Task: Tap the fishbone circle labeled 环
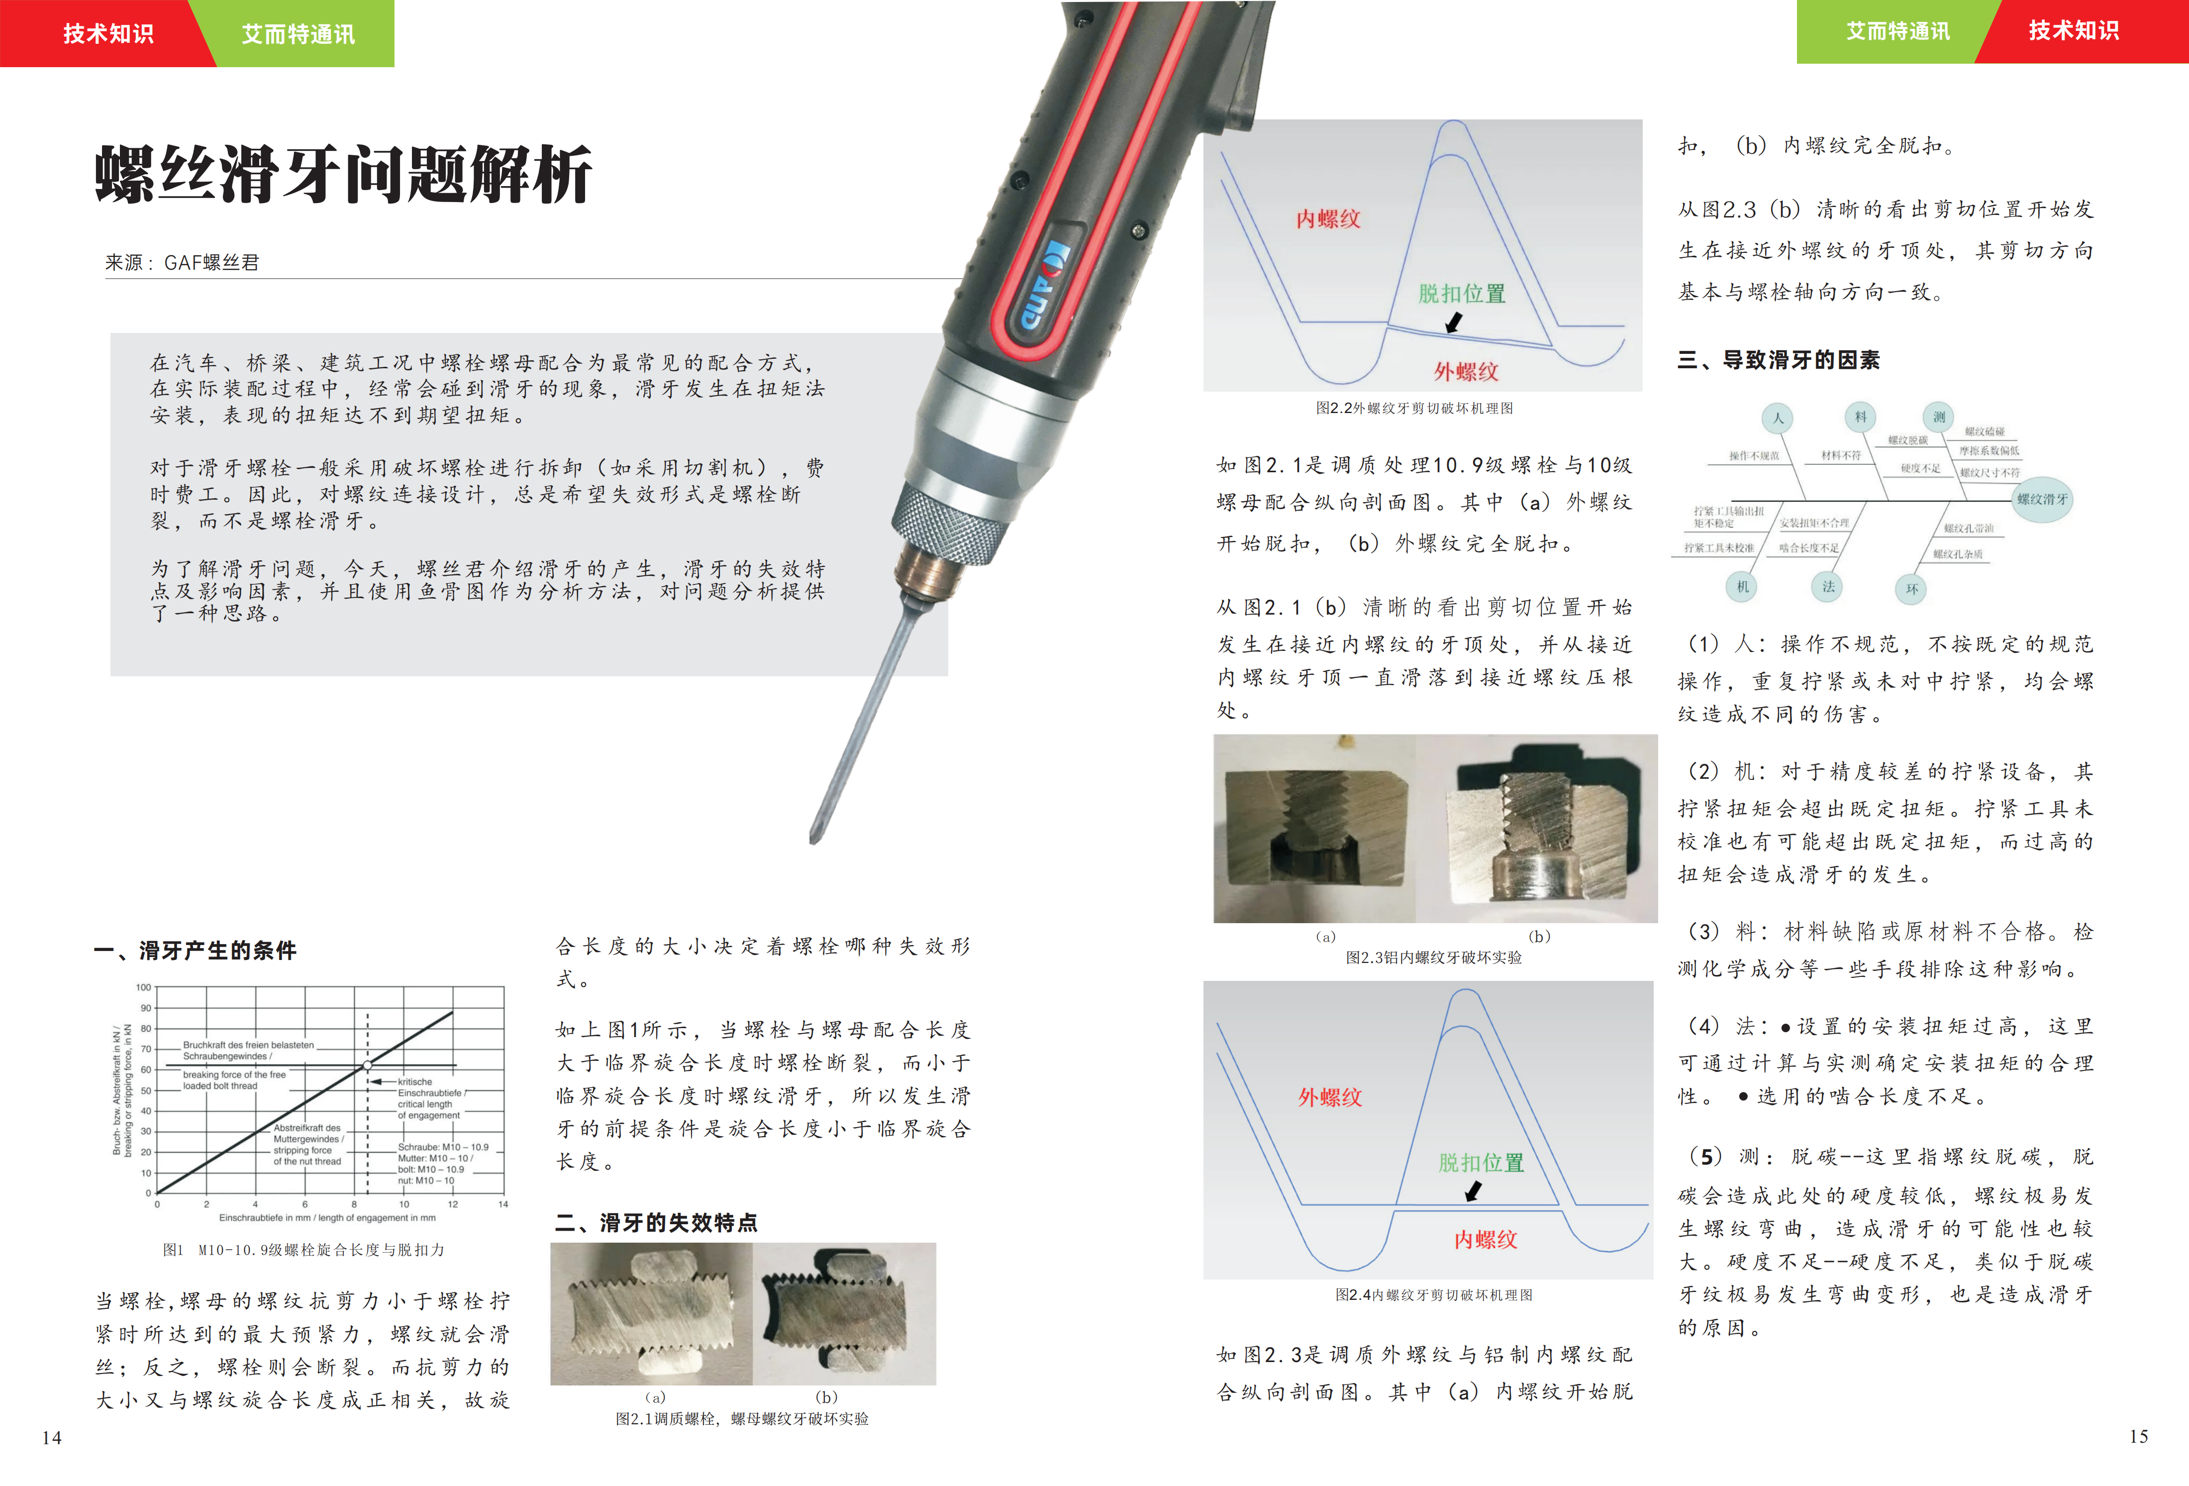(1911, 589)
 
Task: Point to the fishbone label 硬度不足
(1920, 468)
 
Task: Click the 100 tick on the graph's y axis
(143, 987)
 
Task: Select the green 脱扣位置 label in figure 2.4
(1481, 1163)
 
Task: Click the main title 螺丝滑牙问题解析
(344, 174)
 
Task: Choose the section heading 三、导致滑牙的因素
(1779, 360)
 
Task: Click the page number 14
(52, 1438)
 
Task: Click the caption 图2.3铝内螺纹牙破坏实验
(1434, 957)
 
